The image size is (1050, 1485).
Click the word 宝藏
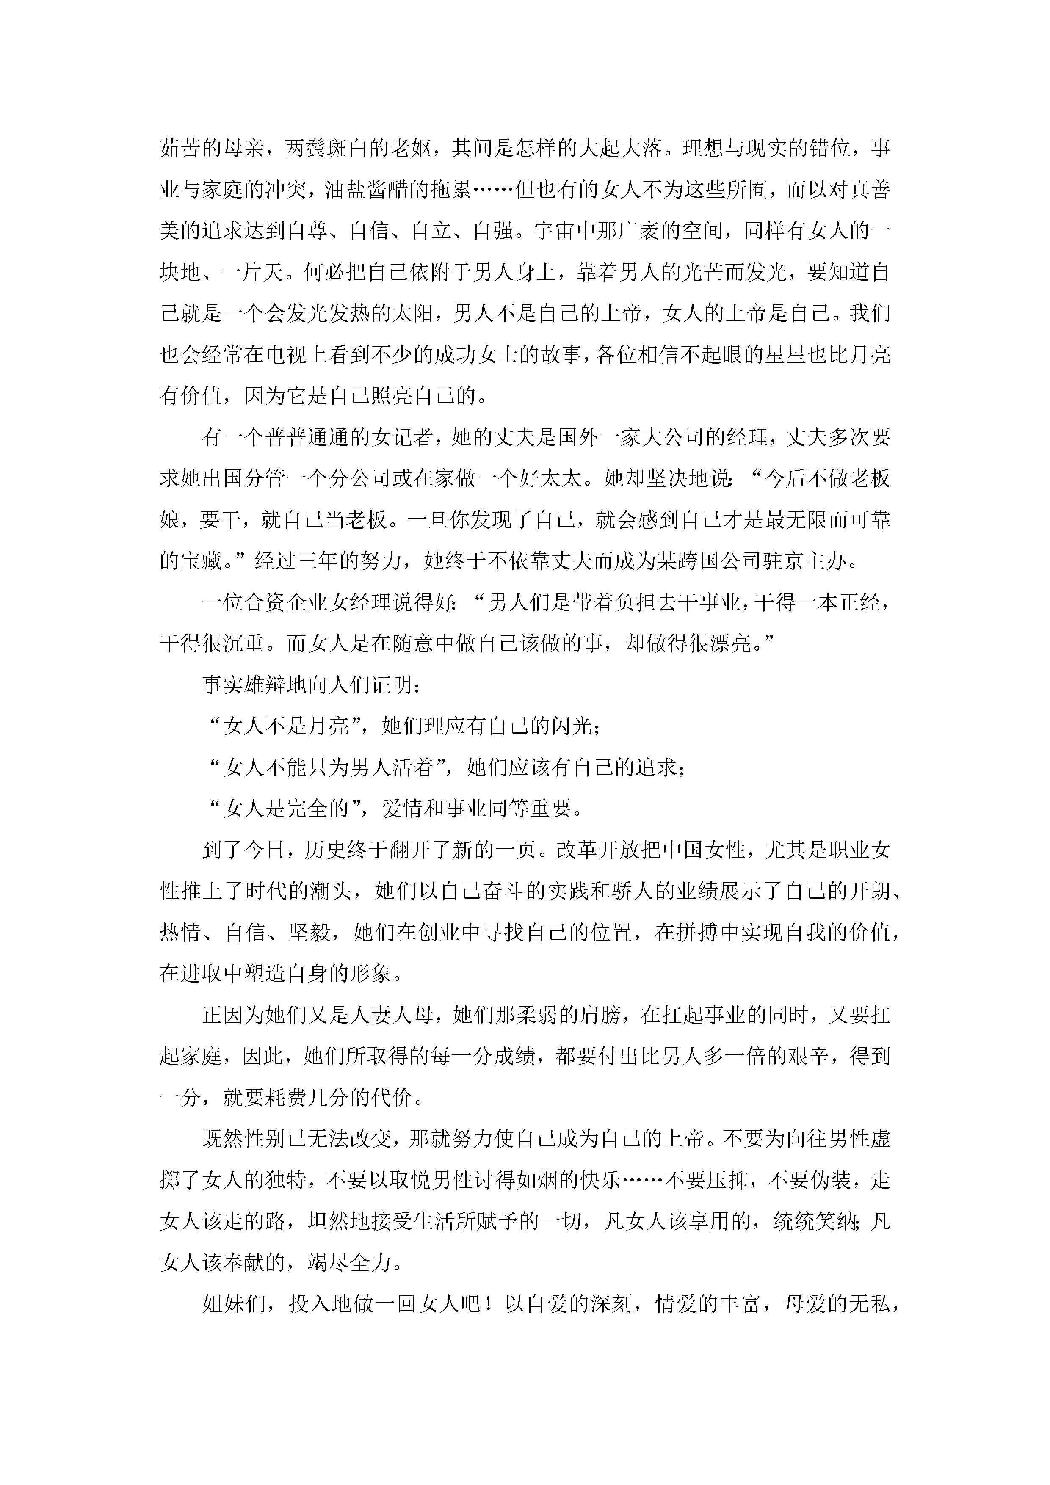coord(201,561)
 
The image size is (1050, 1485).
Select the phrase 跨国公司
coord(725,561)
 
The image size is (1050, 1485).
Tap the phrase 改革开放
coord(598,850)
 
